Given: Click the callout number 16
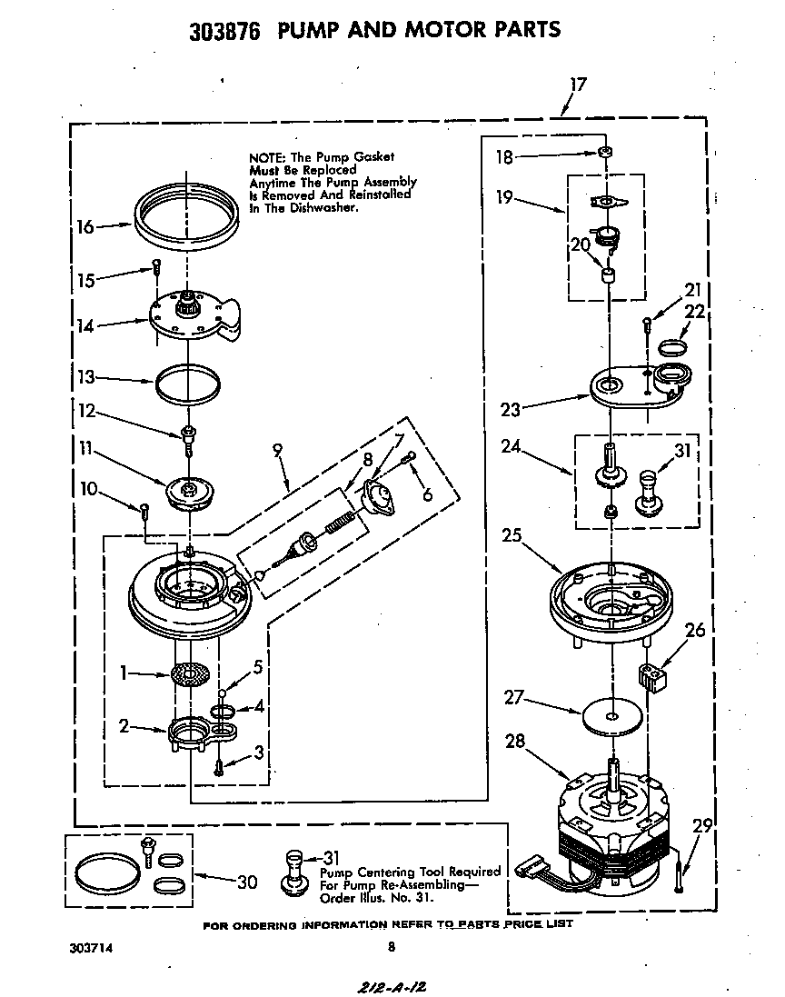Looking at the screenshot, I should tap(84, 226).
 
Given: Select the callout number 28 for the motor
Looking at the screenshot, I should tap(515, 742).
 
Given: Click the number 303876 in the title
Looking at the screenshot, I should tap(224, 31).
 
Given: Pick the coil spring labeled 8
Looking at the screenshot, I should tap(338, 525).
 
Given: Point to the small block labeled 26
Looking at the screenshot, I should tap(652, 676).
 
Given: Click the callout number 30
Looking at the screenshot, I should tap(246, 882).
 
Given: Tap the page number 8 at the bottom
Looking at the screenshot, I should tap(392, 946).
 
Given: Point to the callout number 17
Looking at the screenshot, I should tap(578, 85).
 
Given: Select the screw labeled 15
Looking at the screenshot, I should tap(156, 267).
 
